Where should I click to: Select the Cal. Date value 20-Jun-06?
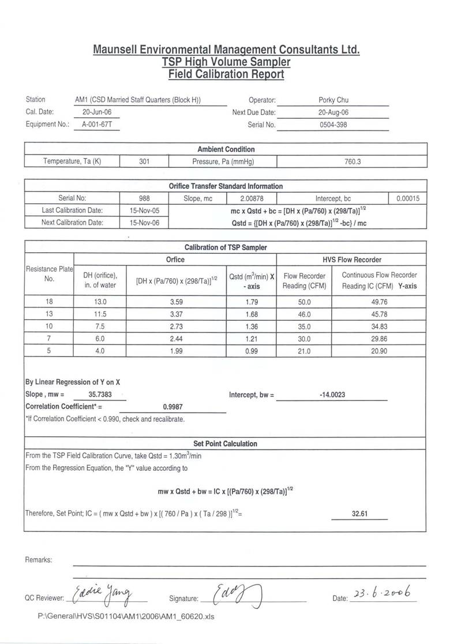97,112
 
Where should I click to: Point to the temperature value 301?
144,162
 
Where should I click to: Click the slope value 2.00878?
251,199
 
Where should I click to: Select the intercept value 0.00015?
408,199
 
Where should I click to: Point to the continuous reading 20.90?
379,352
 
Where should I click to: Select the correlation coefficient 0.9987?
173,406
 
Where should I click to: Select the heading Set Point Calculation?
225,444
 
